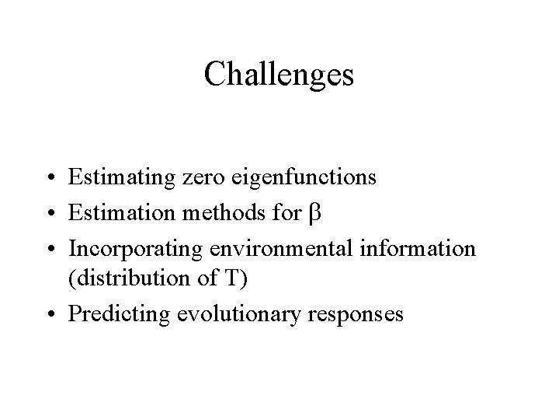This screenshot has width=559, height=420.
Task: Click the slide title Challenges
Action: point(279,75)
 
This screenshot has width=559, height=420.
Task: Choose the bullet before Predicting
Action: point(49,315)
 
